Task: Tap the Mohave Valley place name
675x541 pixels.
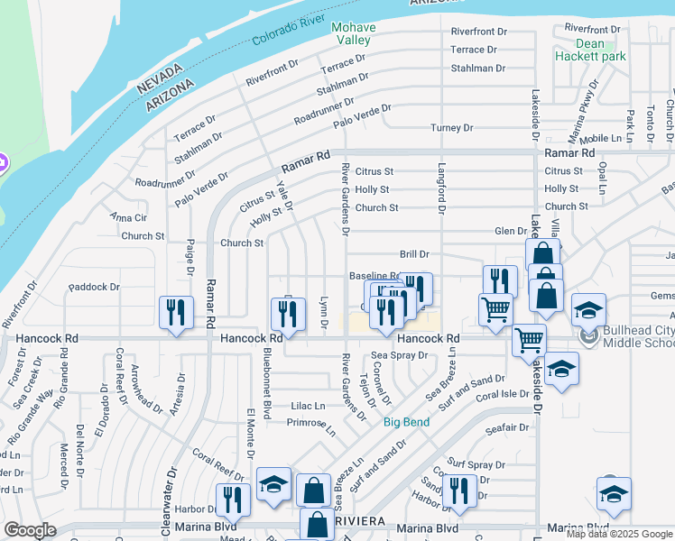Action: [354, 33]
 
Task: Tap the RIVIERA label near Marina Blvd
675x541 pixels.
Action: [361, 522]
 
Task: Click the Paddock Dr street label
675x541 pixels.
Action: [94, 288]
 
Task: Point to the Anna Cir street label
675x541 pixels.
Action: [127, 217]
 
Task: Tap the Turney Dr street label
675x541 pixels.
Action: [451, 128]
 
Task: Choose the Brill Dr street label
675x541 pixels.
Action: [414, 255]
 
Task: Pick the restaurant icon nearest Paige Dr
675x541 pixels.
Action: [176, 312]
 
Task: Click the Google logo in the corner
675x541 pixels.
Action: [30, 529]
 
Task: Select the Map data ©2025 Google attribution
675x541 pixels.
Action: [619, 534]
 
